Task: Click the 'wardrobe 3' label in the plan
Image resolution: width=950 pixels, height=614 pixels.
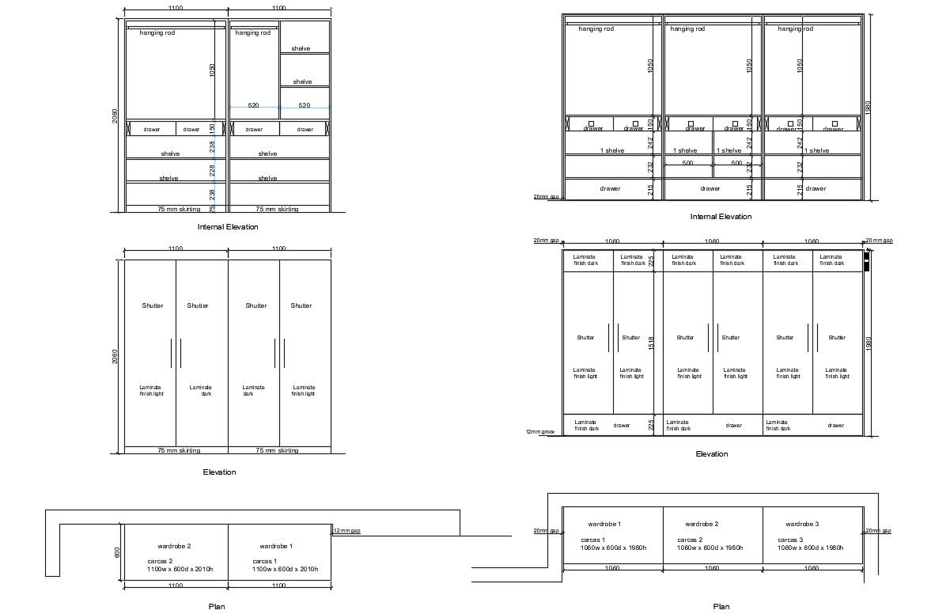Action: tap(802, 525)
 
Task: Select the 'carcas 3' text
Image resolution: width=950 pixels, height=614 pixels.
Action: tap(789, 540)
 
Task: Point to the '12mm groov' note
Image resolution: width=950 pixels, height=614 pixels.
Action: tap(540, 432)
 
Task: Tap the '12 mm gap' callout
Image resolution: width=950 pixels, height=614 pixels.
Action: tap(347, 530)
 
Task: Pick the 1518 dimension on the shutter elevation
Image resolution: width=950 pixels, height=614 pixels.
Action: tap(651, 343)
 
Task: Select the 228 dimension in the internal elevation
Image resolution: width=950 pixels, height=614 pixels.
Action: tap(212, 170)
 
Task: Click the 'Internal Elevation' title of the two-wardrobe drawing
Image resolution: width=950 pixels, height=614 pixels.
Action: tap(228, 227)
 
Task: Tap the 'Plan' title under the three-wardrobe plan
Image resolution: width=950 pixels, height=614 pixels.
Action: tap(721, 607)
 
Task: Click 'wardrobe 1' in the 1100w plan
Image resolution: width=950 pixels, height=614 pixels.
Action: tap(276, 546)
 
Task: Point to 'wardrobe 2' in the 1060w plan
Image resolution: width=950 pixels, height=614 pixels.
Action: tap(702, 525)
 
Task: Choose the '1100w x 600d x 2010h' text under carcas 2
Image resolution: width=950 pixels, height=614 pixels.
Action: tap(180, 569)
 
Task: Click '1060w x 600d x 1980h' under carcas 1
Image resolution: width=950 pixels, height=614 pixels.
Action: tap(613, 548)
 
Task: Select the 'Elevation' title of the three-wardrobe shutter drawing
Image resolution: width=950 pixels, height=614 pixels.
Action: tap(712, 454)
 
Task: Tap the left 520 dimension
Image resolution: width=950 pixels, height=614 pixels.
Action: tap(253, 105)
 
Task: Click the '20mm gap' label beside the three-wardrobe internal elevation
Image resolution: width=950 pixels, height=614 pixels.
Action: tap(546, 197)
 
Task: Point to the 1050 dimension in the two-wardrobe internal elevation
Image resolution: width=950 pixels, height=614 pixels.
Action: tap(212, 70)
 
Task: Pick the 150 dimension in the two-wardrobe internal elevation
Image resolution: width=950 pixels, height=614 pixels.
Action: tap(212, 127)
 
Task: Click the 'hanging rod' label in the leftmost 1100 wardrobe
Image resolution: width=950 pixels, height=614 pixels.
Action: tap(157, 33)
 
